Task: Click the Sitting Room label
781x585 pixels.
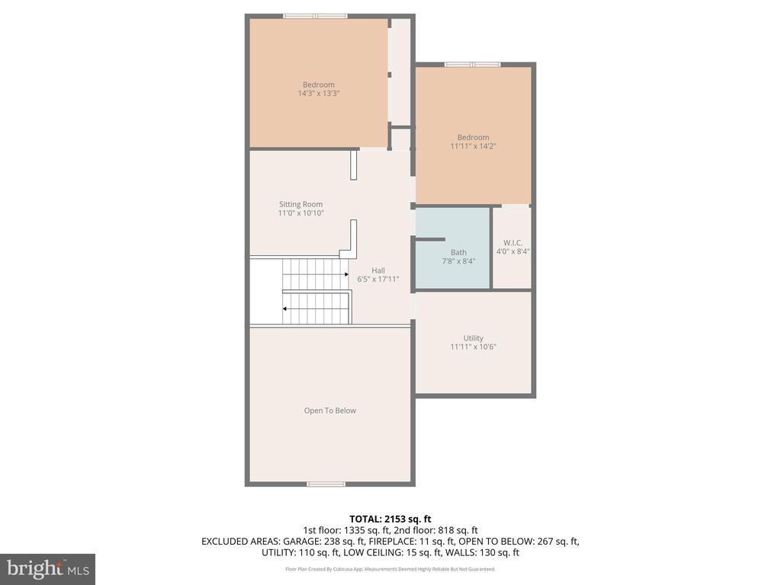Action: (x=301, y=204)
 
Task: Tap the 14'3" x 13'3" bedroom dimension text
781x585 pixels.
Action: (x=318, y=94)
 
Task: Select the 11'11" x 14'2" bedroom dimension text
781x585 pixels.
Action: (x=473, y=146)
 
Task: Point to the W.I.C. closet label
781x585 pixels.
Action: (x=513, y=243)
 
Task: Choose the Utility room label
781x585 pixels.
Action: (x=473, y=338)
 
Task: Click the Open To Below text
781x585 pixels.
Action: (x=329, y=411)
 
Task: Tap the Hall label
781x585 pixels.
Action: (x=378, y=270)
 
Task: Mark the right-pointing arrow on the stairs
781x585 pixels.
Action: (x=346, y=274)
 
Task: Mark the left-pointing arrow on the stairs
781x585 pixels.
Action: (x=285, y=308)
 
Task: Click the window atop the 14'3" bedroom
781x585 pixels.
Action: (x=315, y=15)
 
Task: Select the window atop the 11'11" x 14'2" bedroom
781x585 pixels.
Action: (x=472, y=64)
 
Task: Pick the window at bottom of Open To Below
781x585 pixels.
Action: (x=326, y=484)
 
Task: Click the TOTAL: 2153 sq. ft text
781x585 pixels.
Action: (x=390, y=519)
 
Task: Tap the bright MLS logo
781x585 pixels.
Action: (x=47, y=569)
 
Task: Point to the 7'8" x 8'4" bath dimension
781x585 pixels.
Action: (x=458, y=261)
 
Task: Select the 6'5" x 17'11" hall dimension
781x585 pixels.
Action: (x=378, y=280)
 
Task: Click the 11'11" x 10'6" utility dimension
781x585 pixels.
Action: (x=473, y=347)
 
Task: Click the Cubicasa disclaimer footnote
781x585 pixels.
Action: (x=390, y=569)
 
